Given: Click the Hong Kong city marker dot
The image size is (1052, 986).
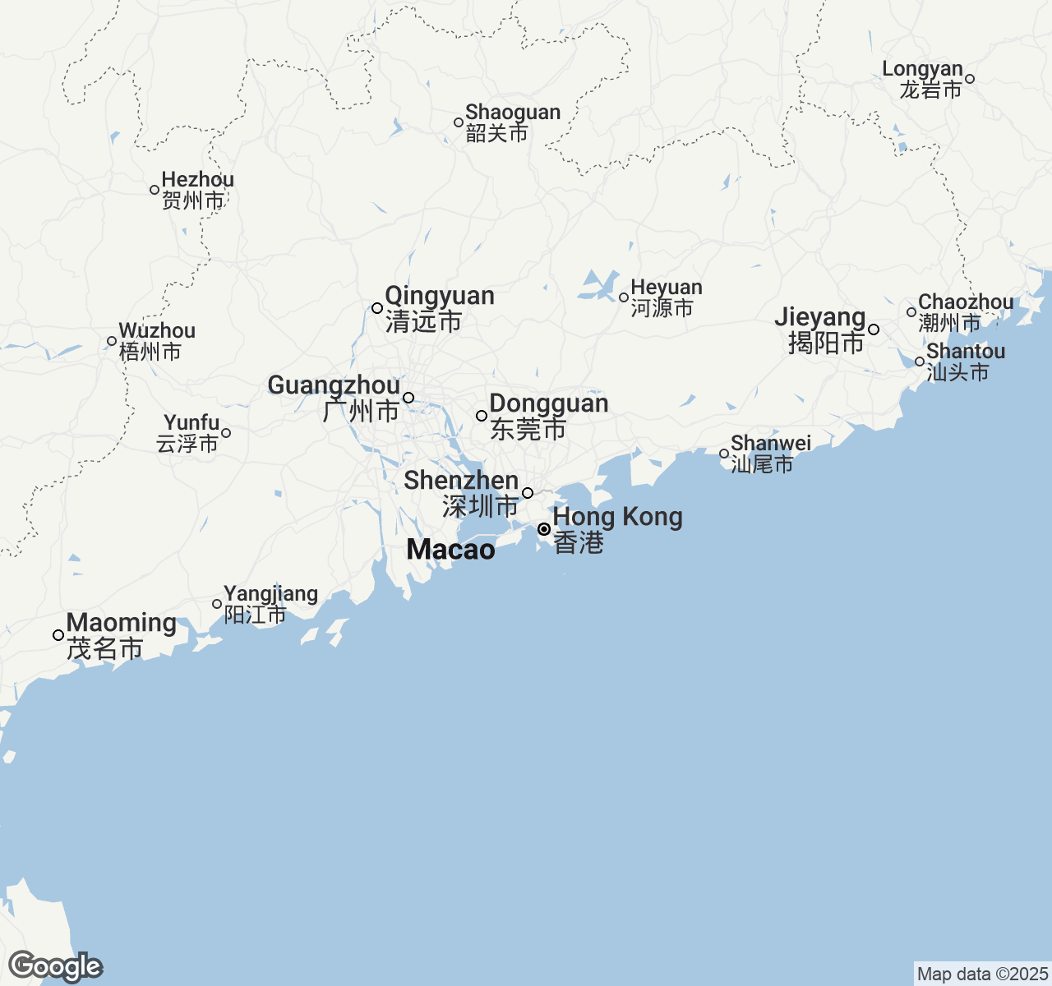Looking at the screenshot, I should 544,529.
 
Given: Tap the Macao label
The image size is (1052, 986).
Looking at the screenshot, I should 450,550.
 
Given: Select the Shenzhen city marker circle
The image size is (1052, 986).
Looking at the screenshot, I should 528,493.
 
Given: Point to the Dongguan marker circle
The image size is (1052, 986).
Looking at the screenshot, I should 482,416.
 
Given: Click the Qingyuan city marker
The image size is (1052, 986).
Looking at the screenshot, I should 377,308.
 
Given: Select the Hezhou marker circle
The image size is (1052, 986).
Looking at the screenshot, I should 155,190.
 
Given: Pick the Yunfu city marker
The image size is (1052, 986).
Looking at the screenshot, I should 226,433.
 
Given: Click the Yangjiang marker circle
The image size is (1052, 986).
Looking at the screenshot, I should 217,604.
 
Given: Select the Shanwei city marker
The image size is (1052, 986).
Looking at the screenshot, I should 724,454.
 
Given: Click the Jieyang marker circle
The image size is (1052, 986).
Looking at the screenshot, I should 874,329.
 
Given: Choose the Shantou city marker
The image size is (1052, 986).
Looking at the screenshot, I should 920,362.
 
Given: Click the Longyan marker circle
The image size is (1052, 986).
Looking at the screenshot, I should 970,79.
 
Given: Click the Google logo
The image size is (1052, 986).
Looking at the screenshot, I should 56,966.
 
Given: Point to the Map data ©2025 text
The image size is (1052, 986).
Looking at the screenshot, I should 982,974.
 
